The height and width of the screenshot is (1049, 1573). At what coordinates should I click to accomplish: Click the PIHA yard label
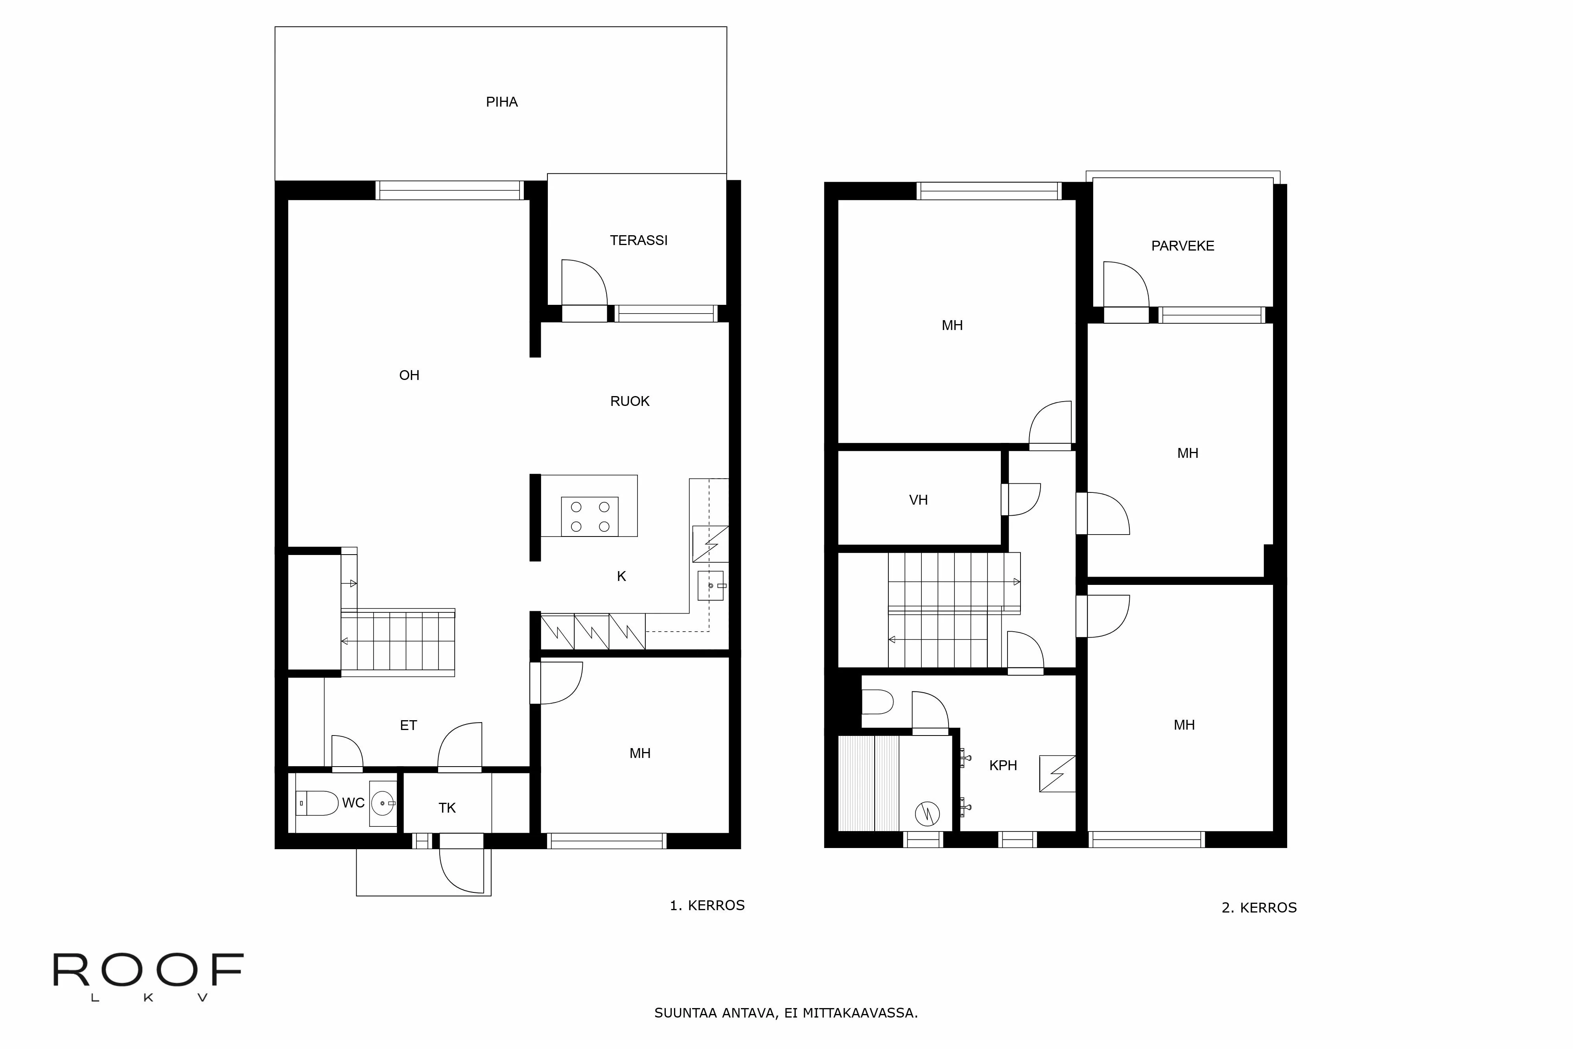(502, 102)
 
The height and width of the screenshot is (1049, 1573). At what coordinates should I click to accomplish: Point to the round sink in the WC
(383, 802)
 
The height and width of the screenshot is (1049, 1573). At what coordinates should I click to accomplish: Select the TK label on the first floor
(447, 808)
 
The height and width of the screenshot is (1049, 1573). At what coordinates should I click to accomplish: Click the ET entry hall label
(408, 725)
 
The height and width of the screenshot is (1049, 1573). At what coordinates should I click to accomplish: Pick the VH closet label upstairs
(918, 500)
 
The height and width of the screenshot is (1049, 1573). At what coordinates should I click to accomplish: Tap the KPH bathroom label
(1002, 765)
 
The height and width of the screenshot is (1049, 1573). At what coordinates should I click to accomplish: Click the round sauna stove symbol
(927, 813)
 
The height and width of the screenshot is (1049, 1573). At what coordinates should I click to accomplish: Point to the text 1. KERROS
(707, 905)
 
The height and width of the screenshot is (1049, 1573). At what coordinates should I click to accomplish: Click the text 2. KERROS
(1259, 908)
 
